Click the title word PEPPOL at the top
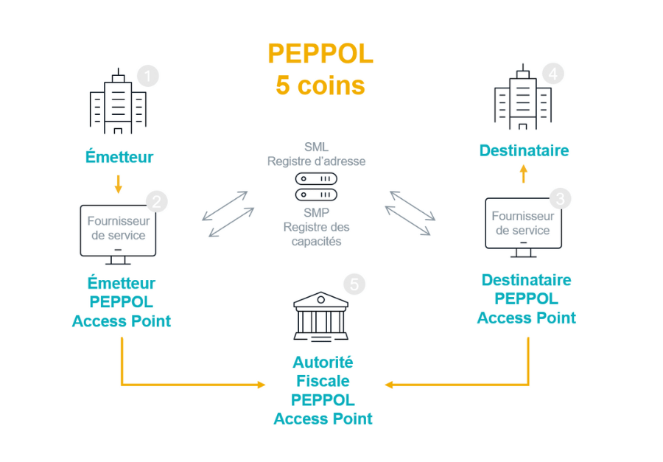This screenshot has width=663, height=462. [x=320, y=54]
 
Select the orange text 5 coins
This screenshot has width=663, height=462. [x=320, y=85]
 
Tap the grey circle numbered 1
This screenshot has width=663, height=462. [x=148, y=76]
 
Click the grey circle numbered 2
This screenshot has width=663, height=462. [x=157, y=200]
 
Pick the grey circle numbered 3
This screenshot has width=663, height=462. [x=561, y=198]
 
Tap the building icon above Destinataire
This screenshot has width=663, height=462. [x=522, y=97]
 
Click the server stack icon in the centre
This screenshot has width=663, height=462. [x=316, y=186]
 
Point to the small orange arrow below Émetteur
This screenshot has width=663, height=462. [x=118, y=184]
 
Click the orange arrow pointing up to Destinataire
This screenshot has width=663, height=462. [x=523, y=174]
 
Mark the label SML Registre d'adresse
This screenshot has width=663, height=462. [x=316, y=154]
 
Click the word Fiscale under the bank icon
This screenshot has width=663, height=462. [x=323, y=381]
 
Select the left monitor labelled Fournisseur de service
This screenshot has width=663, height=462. [x=118, y=232]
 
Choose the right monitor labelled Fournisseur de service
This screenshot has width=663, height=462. [x=522, y=225]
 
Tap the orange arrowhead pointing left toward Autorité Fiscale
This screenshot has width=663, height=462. [x=388, y=385]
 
